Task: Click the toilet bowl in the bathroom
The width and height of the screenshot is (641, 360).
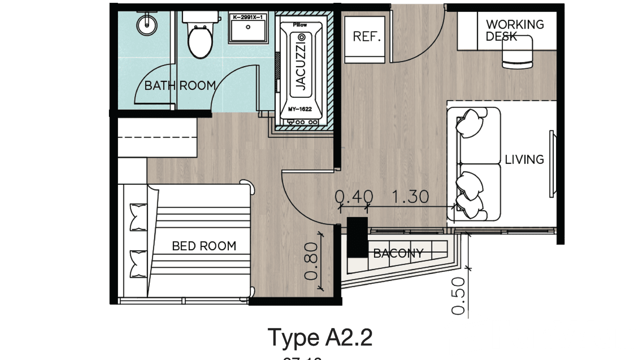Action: coord(200,42)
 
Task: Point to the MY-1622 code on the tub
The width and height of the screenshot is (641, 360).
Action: coord(300,109)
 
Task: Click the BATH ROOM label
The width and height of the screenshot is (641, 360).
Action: coord(180,86)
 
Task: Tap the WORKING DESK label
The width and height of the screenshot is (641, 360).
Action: coord(514,30)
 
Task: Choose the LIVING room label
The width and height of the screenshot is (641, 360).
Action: coord(524,159)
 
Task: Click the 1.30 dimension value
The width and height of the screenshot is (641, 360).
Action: coord(410,197)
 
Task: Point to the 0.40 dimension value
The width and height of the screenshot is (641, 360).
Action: coord(353,197)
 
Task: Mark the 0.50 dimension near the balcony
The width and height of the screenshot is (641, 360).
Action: coord(458,296)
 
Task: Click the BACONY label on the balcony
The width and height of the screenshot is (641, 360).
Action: coord(398,253)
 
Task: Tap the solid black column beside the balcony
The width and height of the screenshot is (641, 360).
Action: coord(357,237)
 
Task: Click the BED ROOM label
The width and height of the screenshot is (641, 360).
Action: coord(204,246)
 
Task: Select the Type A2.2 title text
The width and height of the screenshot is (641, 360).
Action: coord(320,337)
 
